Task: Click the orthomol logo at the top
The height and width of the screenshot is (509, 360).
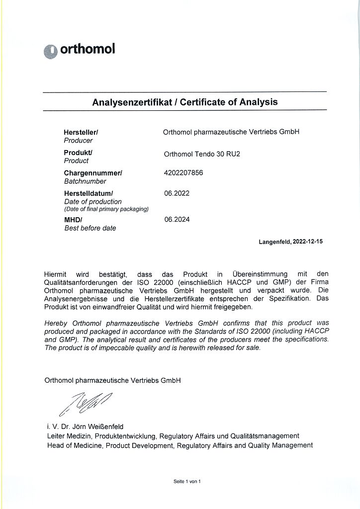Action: pos(80,49)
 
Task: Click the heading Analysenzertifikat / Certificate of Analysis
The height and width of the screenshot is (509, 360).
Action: pos(185,102)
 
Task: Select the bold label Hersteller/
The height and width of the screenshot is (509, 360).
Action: pos(81,132)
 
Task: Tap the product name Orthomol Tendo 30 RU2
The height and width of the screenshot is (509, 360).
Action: pos(202,154)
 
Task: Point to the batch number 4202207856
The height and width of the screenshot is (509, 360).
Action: pos(183,172)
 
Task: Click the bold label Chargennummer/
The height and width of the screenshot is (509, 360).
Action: pos(93,173)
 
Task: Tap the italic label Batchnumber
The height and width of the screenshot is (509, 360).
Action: pos(85,181)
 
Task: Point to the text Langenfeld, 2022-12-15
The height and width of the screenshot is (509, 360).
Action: pos(290,242)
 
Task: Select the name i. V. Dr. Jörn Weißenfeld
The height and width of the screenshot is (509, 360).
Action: pos(84,426)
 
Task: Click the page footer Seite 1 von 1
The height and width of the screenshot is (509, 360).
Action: pos(186,481)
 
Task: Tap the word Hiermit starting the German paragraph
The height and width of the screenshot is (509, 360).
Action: pos(55,273)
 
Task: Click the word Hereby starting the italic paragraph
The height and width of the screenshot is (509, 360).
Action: pos(56,323)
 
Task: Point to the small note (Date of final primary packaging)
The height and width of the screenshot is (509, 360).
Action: pos(106,209)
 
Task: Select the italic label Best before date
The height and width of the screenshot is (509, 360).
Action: pos(90,228)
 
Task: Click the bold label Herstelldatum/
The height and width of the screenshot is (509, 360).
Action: pos(89,193)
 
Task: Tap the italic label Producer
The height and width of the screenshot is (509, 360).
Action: pos(78,141)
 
